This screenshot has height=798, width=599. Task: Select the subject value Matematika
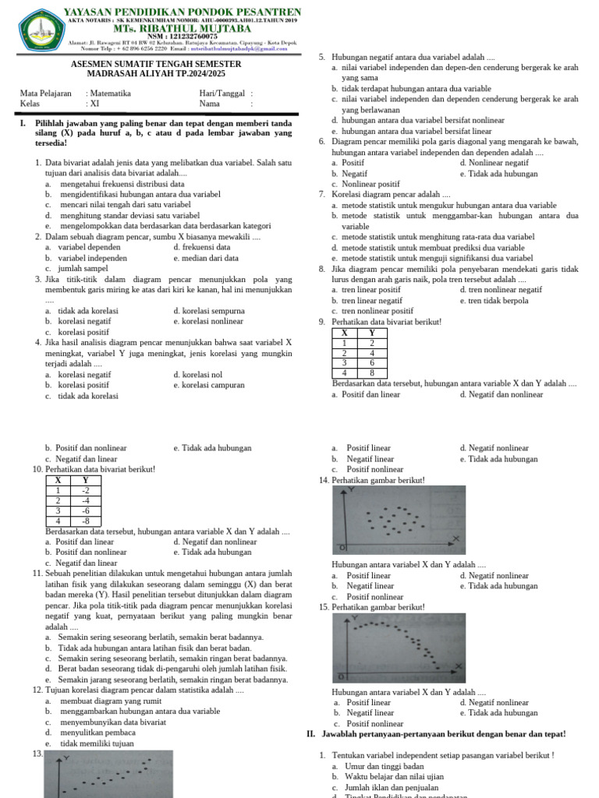pyautogui.click(x=111, y=94)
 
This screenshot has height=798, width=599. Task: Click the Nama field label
pyautogui.click(x=209, y=103)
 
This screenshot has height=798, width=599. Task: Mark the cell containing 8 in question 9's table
pyautogui.click(x=372, y=373)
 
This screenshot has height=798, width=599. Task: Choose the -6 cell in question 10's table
pyautogui.click(x=86, y=510)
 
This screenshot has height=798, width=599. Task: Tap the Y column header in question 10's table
pyautogui.click(x=86, y=481)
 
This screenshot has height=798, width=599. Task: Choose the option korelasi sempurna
pyautogui.click(x=209, y=310)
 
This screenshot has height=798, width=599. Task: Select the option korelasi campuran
pyautogui.click(x=209, y=385)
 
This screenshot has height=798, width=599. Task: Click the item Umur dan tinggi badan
pyautogui.click(x=380, y=766)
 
